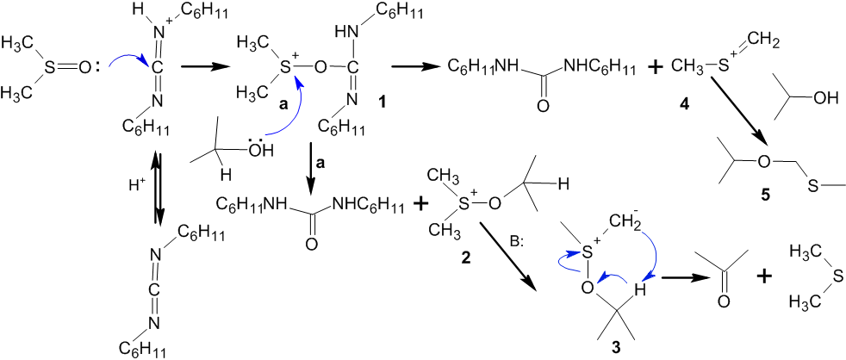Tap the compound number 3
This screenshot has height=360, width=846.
pyautogui.click(x=614, y=349)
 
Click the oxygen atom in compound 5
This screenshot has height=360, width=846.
pyautogui.click(x=762, y=162)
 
